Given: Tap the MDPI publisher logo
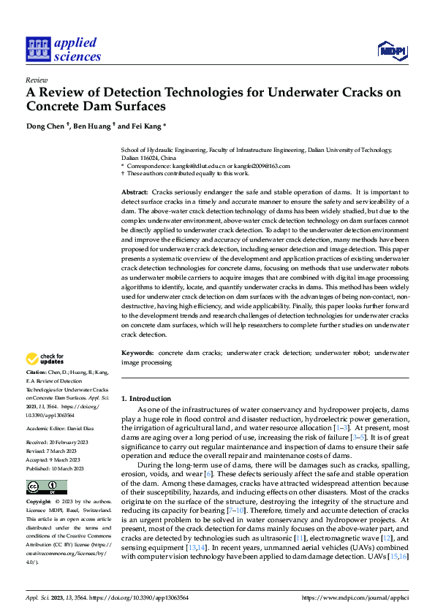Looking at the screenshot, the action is click(x=391, y=50).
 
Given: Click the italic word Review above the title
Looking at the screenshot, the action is click(x=36, y=80).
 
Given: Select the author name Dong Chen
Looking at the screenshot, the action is click(x=45, y=126).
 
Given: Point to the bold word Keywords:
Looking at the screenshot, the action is click(x=137, y=353).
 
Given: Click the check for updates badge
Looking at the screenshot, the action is click(x=45, y=359).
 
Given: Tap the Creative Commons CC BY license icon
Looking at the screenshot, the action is click(x=46, y=486).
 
